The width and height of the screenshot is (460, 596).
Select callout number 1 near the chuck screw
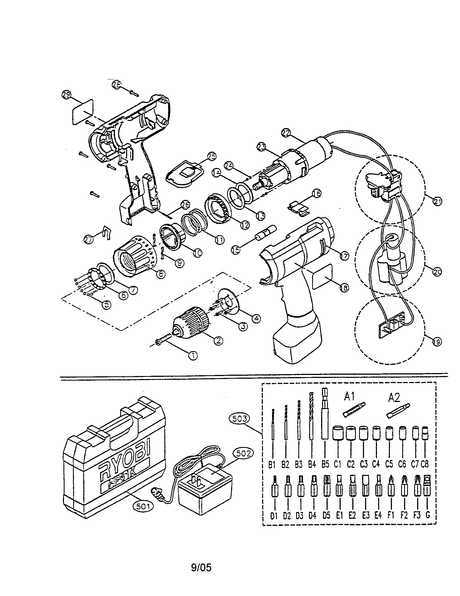(193, 355)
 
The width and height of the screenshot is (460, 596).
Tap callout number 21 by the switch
(437, 202)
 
